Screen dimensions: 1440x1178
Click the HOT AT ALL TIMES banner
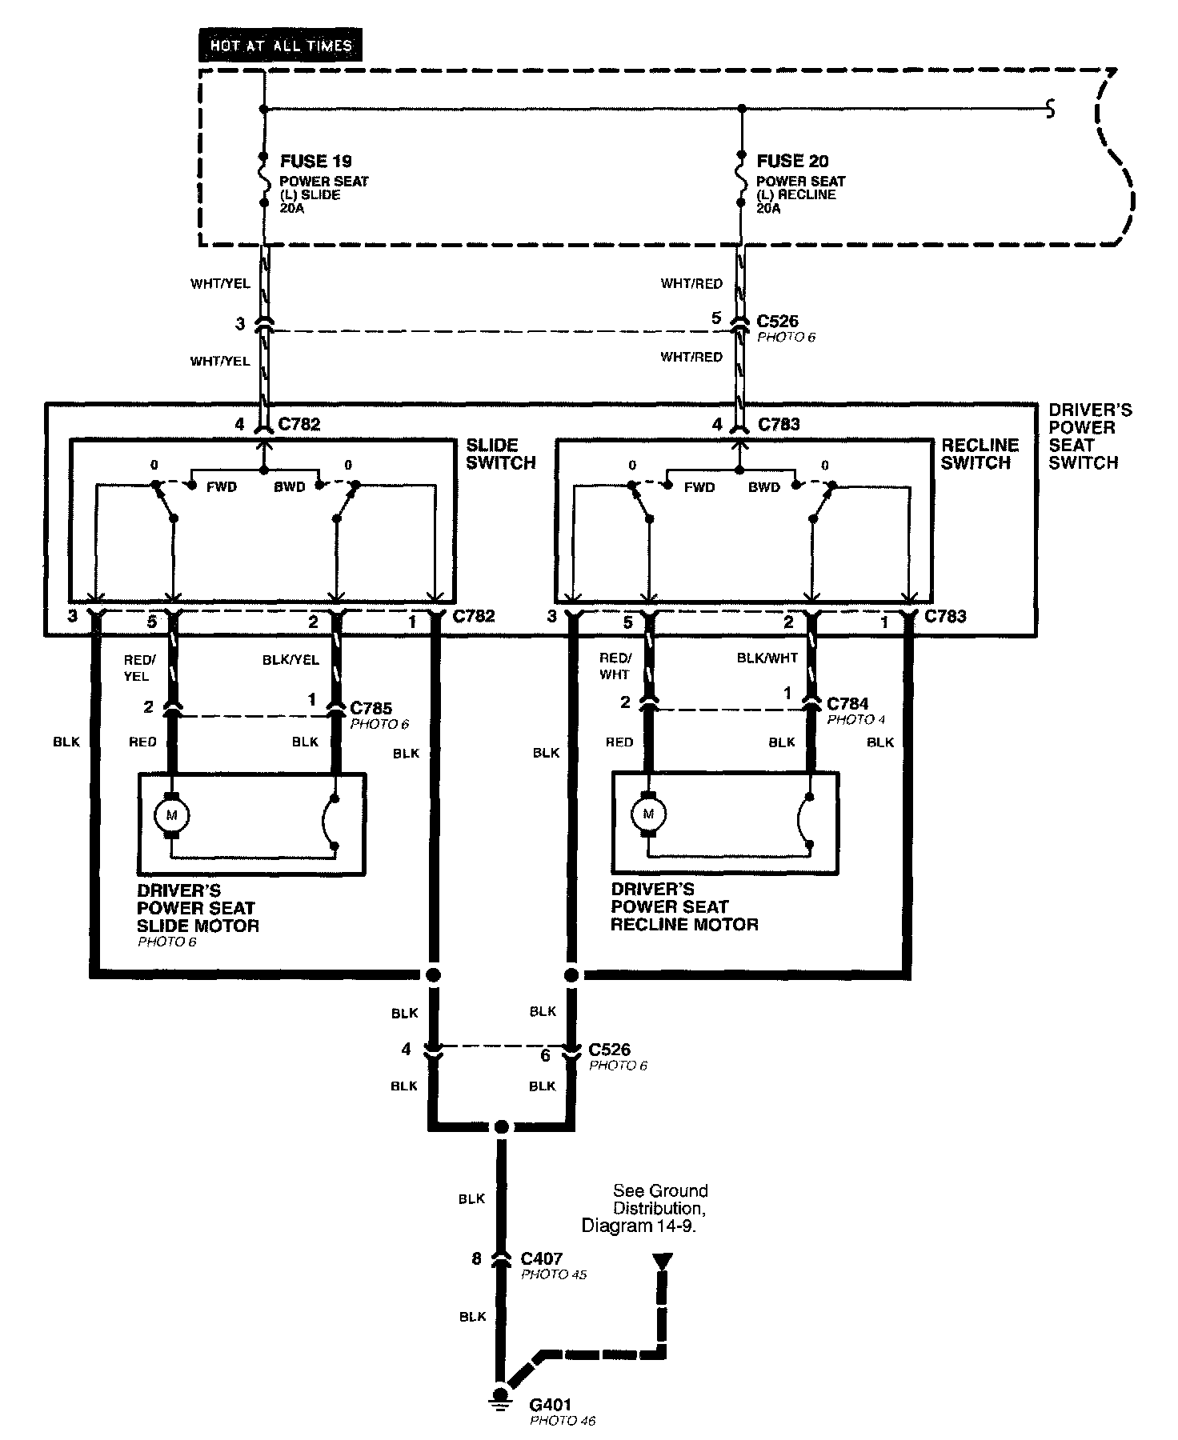pyautogui.click(x=280, y=46)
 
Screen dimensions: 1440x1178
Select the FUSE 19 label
pyautogui.click(x=316, y=161)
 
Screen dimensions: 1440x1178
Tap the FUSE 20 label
pyautogui.click(x=792, y=161)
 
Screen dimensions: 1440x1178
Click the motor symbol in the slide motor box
pyautogui.click(x=170, y=815)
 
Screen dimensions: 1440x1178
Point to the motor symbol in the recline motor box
pyautogui.click(x=648, y=814)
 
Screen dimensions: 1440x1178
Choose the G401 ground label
pyautogui.click(x=551, y=1405)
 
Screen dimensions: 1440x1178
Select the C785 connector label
pyautogui.click(x=371, y=708)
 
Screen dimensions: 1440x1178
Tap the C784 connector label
pyautogui.click(x=847, y=703)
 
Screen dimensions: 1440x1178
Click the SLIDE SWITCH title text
pyautogui.click(x=500, y=454)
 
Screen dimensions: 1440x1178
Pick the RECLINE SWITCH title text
pyautogui.click(x=980, y=454)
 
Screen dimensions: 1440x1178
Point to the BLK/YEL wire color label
pyautogui.click(x=290, y=660)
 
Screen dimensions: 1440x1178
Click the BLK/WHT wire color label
pyautogui.click(x=766, y=658)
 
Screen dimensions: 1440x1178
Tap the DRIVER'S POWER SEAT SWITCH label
pyautogui.click(x=1089, y=436)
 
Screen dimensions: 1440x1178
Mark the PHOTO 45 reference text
pyautogui.click(x=553, y=1274)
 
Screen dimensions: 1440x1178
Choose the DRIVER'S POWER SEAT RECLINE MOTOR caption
pyautogui.click(x=683, y=906)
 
